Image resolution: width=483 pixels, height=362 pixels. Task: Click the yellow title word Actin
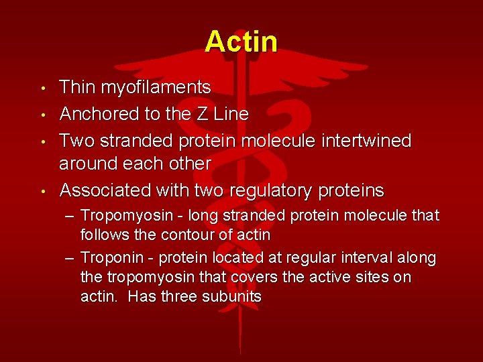241,42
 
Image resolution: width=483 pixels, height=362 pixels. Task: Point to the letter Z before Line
203,115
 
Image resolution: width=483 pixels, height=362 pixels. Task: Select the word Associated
105,191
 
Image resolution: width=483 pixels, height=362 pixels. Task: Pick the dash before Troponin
69,258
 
